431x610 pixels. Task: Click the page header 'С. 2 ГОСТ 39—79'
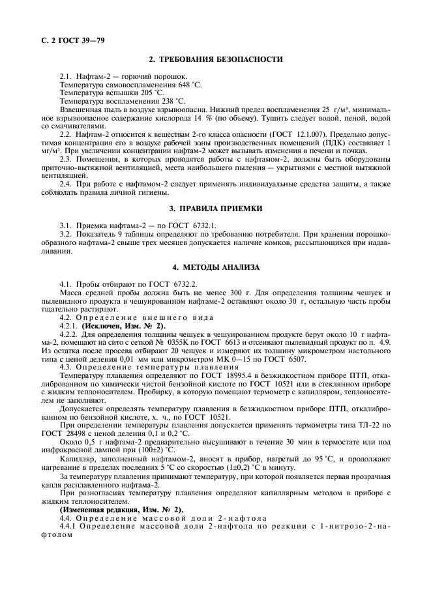(68, 40)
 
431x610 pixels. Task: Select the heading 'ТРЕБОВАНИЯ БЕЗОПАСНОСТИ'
(222, 59)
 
